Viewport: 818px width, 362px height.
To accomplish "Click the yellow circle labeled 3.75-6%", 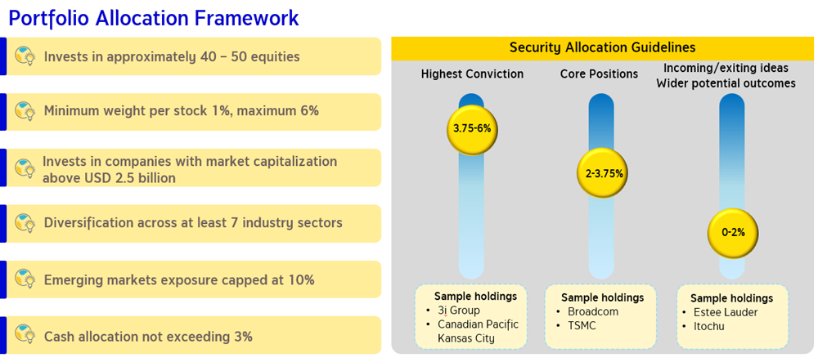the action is tap(472, 128).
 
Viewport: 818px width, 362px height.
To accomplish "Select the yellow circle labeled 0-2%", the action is tap(732, 233).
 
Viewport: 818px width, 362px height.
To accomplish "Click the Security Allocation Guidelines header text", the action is tap(603, 47).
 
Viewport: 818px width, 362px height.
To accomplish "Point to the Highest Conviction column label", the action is tap(472, 74).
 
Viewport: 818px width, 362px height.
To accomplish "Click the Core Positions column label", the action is tap(599, 74).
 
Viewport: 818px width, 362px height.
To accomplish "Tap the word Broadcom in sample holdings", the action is tap(593, 312).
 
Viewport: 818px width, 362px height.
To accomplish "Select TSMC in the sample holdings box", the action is tap(582, 325).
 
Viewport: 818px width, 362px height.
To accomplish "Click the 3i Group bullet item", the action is tap(459, 311).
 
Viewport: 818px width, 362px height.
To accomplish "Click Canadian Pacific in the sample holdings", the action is tap(479, 324).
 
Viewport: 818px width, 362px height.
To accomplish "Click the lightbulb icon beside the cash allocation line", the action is tap(25, 333).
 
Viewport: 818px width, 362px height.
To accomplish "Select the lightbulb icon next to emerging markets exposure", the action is tap(25, 278).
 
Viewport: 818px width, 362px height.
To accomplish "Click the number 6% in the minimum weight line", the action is tap(308, 111).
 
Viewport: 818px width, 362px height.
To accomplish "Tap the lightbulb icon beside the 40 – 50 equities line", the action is tap(25, 55).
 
